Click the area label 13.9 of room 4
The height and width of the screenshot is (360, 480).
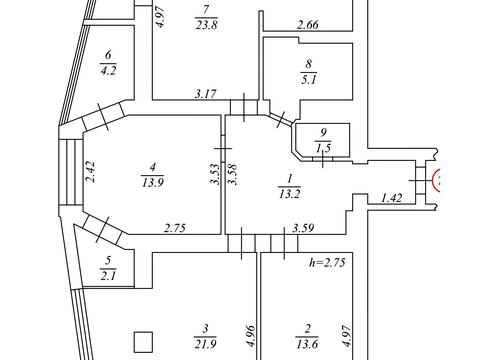[152, 183]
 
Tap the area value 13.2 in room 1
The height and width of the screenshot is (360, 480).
[289, 194]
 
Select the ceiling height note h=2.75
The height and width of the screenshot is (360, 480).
[327, 262]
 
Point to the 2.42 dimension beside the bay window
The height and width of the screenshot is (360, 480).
[91, 172]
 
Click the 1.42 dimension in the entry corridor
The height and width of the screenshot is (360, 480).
[391, 198]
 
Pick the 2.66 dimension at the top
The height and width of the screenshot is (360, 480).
[308, 25]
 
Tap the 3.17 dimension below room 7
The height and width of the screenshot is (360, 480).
[205, 94]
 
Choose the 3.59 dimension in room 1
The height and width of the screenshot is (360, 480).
[303, 228]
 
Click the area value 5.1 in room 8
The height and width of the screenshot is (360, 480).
[309, 80]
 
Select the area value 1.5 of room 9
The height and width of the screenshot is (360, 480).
[323, 148]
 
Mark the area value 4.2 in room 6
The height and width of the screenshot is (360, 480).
[108, 71]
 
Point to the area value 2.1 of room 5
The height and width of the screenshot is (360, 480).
[108, 276]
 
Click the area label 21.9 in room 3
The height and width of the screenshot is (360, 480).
[205, 344]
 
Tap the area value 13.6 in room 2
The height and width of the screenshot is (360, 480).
[307, 344]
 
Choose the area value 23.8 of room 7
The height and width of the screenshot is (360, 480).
[206, 25]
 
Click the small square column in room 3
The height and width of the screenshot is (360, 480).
[144, 342]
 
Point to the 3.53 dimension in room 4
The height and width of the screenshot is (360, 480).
[215, 174]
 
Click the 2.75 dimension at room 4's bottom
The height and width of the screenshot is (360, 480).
[175, 228]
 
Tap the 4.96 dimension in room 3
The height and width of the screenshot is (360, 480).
[251, 336]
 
